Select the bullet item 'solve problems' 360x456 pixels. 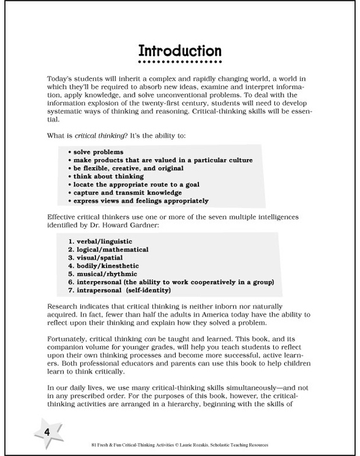click(x=98, y=151)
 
